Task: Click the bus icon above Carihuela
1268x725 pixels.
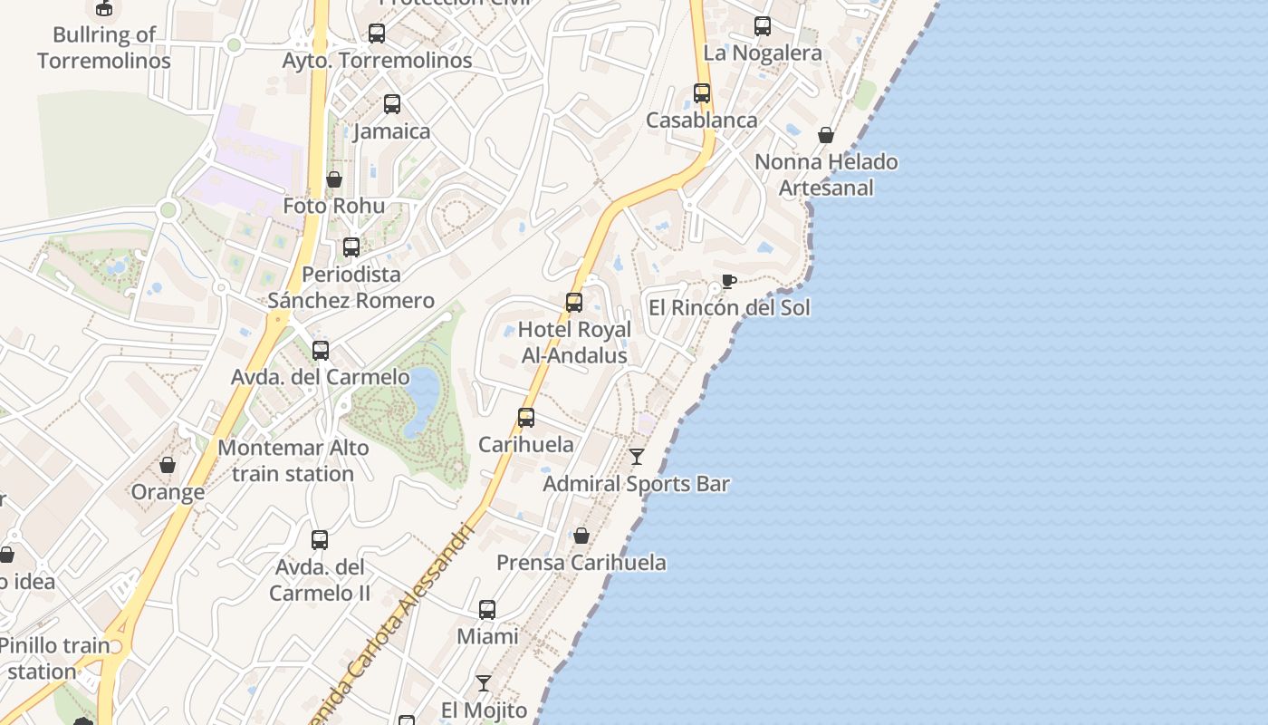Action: (x=526, y=418)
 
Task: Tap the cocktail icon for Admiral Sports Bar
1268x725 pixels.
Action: (x=637, y=457)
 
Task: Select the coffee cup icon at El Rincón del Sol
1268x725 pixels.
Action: (x=728, y=281)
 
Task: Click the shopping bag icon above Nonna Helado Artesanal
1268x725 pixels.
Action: (x=826, y=135)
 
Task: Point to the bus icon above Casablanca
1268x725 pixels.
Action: (x=702, y=92)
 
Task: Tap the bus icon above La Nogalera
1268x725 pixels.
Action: (x=763, y=26)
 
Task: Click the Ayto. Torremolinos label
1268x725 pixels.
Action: (x=377, y=61)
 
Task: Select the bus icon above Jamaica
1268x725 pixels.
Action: (x=392, y=104)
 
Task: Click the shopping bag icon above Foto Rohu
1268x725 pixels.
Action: (x=334, y=179)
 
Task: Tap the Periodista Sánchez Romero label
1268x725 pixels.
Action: (x=351, y=286)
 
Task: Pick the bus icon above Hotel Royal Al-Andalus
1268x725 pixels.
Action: (x=574, y=303)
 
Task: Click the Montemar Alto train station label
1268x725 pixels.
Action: (x=293, y=460)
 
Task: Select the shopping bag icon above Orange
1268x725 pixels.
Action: (x=168, y=466)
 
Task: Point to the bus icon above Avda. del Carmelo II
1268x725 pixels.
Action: (x=320, y=540)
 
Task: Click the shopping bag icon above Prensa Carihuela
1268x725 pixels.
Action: (x=581, y=536)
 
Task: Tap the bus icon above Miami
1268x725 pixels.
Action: (x=487, y=610)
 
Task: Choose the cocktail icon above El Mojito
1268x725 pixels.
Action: (x=484, y=682)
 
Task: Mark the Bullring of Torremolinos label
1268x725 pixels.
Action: (x=103, y=48)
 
